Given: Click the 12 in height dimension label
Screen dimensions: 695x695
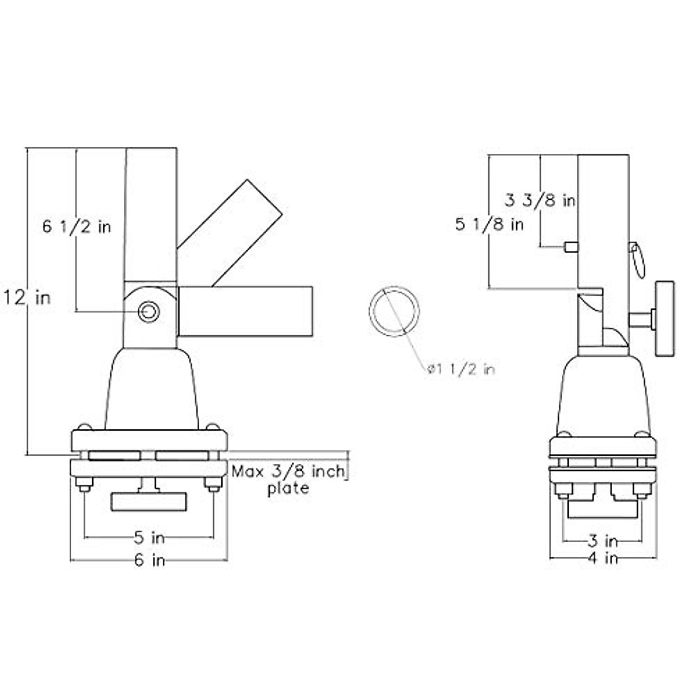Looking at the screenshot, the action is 27,298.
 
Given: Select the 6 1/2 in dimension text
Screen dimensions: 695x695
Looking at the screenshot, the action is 76,227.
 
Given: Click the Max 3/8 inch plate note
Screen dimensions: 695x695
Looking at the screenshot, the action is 288,480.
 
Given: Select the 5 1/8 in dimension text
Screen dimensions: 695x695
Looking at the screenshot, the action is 489,225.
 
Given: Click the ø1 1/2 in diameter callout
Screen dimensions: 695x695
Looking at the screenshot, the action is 461,370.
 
